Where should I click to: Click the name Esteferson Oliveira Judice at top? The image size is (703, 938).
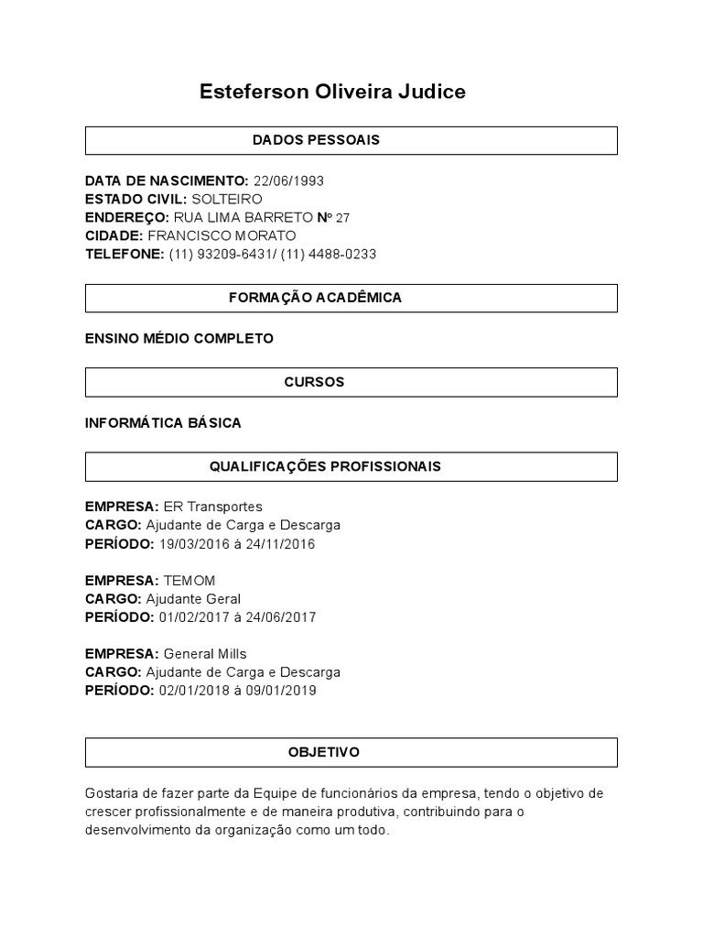click(332, 92)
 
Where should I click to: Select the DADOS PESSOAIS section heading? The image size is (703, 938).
click(316, 140)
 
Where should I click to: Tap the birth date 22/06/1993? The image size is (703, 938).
click(288, 180)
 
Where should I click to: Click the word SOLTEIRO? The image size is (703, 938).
click(227, 199)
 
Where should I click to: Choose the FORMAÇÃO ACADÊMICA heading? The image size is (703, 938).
click(315, 298)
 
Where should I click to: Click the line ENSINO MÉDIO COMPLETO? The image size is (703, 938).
click(178, 339)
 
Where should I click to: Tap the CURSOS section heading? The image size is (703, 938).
click(314, 382)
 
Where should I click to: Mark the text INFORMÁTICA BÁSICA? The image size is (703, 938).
click(163, 423)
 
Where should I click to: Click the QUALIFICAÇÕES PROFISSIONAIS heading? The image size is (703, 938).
click(325, 466)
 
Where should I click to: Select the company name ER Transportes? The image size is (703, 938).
click(212, 507)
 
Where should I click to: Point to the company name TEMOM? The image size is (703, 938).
click(189, 581)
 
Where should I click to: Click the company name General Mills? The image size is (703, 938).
click(205, 654)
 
